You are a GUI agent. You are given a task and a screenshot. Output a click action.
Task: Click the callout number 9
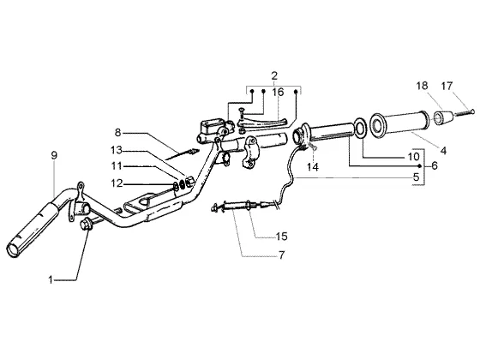pyautogui.click(x=54, y=155)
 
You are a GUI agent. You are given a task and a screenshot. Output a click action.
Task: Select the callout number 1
pyautogui.click(x=51, y=279)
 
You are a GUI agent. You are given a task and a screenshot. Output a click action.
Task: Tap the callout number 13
pyautogui.click(x=117, y=150)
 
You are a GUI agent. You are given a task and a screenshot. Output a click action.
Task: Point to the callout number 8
pyautogui.click(x=118, y=133)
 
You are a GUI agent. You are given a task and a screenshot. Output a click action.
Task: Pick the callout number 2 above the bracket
pyautogui.click(x=274, y=75)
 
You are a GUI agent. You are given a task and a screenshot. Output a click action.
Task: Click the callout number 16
pyautogui.click(x=279, y=92)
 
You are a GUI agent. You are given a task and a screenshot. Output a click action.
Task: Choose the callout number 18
pyautogui.click(x=422, y=86)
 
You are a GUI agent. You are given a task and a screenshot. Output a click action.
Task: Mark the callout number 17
pyautogui.click(x=447, y=86)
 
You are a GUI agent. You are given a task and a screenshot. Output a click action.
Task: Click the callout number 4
pyautogui.click(x=443, y=150)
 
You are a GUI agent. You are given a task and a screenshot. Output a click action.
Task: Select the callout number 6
pyautogui.click(x=435, y=165)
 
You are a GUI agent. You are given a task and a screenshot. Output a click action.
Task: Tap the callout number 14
pyautogui.click(x=313, y=167)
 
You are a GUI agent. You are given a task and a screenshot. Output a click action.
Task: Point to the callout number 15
pyautogui.click(x=282, y=237)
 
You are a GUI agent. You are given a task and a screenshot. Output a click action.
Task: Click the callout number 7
pyautogui.click(x=282, y=255)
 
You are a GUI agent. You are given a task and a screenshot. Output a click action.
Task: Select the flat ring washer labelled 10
pyautogui.click(x=361, y=128)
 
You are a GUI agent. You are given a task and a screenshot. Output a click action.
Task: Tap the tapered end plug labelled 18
pyautogui.click(x=441, y=118)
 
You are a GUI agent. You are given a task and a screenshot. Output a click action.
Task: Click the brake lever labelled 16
pyautogui.click(x=263, y=123)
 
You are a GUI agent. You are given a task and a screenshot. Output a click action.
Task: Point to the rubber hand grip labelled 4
pyautogui.click(x=399, y=123)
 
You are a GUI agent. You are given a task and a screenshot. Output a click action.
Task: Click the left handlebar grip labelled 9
pyautogui.click(x=33, y=228)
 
